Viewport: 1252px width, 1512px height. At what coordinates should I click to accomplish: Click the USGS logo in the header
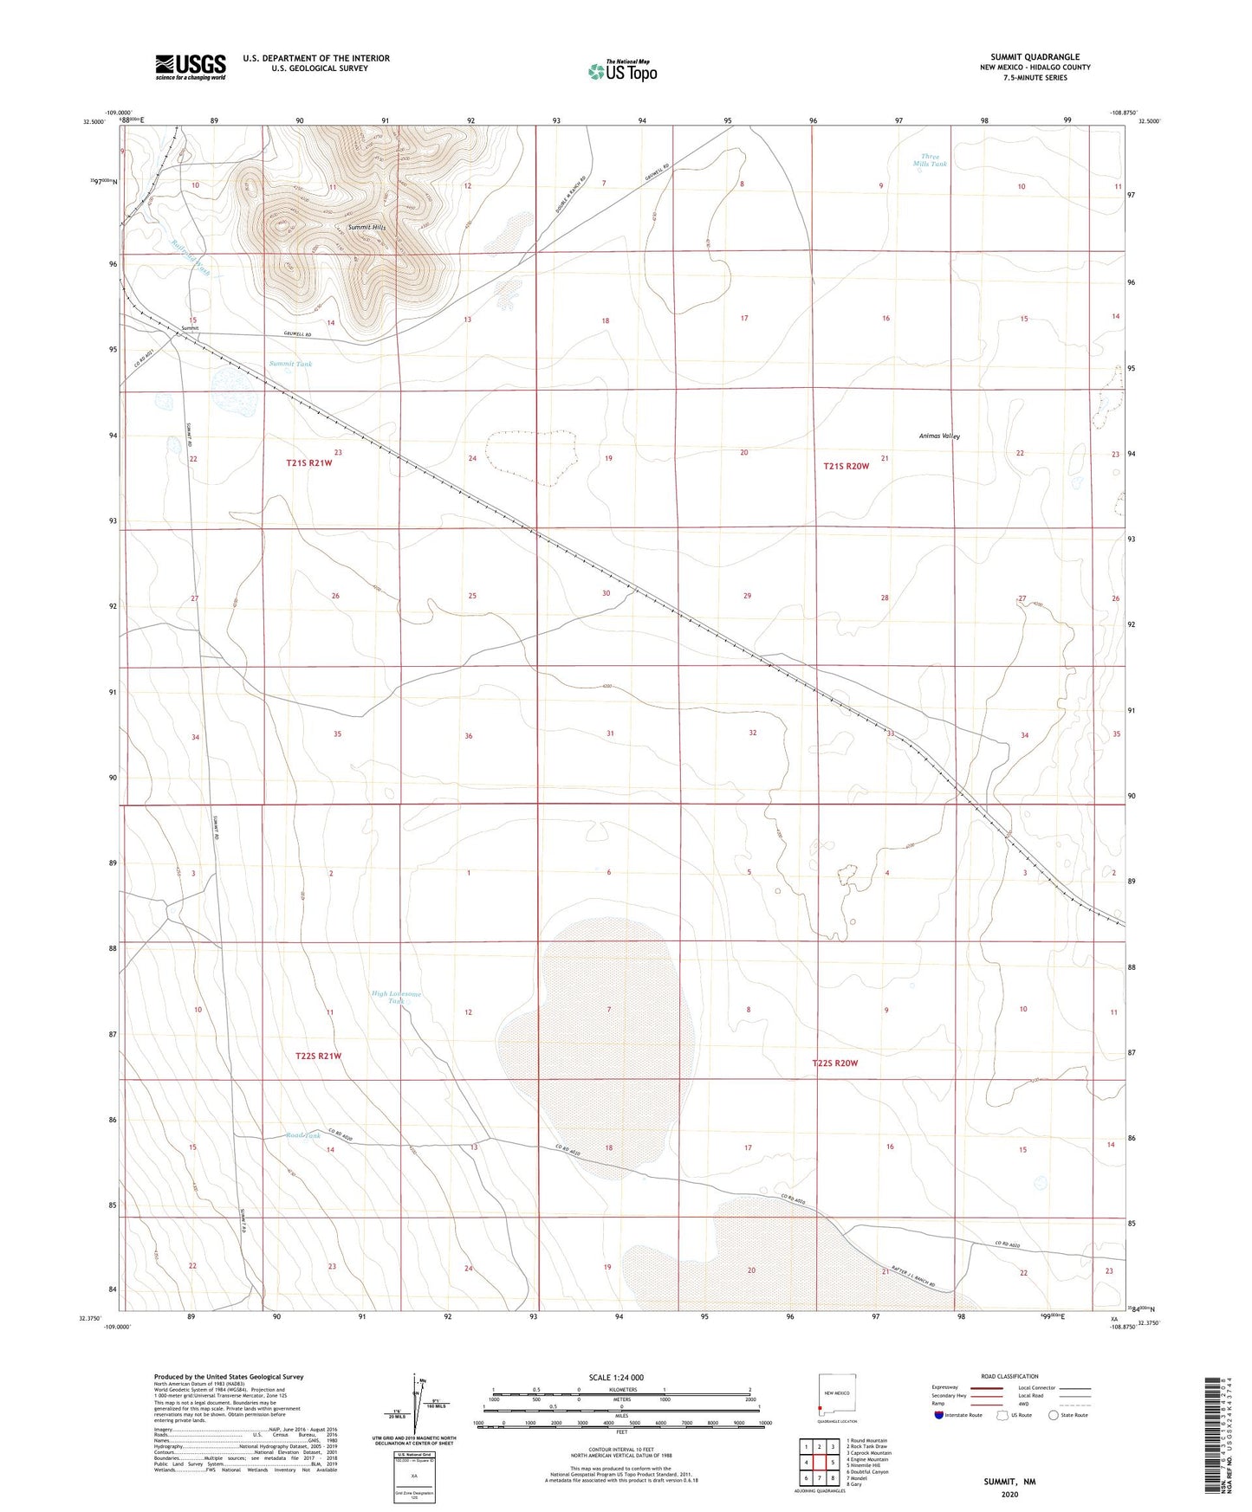(x=191, y=67)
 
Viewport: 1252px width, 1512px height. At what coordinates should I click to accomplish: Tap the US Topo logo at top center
(x=621, y=71)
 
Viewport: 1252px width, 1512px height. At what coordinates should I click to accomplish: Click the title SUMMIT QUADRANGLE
(x=1035, y=57)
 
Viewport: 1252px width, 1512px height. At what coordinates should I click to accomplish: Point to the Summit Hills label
(x=367, y=228)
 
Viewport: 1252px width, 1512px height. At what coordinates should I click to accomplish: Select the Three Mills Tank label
(x=930, y=160)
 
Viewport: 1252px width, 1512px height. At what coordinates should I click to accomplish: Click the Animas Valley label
(x=939, y=436)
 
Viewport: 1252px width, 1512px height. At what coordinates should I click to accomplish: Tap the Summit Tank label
(x=290, y=364)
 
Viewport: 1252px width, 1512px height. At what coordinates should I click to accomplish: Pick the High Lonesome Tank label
(x=396, y=997)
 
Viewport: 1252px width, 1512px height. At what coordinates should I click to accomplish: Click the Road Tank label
(x=303, y=1135)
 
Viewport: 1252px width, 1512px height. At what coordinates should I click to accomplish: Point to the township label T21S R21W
(x=309, y=463)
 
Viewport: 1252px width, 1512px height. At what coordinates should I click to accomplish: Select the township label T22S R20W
(x=834, y=1063)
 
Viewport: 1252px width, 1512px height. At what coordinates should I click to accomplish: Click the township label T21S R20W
(x=846, y=466)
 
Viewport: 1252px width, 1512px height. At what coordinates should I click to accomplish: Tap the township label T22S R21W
(x=318, y=1056)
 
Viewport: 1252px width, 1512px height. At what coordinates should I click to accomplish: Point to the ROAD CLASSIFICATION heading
(x=1009, y=1376)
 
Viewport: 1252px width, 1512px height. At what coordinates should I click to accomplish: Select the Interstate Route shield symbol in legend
(x=939, y=1415)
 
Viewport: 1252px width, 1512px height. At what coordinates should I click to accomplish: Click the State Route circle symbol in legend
(x=1053, y=1415)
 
